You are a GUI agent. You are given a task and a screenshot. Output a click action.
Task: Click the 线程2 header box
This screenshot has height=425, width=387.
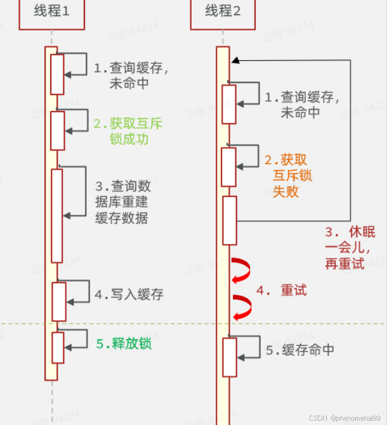[222, 13]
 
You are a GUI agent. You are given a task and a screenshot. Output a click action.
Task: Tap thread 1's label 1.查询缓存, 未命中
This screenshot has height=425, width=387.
[132, 75]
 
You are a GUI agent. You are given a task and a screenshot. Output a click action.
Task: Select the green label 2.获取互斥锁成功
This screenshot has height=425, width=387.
[128, 131]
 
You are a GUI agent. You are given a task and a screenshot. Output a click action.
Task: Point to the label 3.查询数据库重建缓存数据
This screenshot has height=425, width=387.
[122, 202]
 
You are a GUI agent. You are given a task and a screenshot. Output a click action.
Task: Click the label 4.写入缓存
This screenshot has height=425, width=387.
[129, 294]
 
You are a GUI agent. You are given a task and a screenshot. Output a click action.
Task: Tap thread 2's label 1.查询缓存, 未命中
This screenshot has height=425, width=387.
[302, 105]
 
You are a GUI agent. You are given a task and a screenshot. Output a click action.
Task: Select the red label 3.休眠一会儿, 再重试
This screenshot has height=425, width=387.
[350, 248]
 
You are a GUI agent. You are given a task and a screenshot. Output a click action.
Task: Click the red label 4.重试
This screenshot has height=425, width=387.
[282, 290]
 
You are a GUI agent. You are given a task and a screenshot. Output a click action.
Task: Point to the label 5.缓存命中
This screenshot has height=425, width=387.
[299, 350]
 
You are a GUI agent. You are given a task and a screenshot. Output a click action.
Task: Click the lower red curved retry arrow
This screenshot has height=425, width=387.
[242, 307]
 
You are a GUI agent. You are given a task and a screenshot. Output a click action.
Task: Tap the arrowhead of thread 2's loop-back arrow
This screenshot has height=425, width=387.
[235, 60]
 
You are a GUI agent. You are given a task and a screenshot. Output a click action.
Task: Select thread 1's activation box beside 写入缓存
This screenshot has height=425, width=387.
[58, 301]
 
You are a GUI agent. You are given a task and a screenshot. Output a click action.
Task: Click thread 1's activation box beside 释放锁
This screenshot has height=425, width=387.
[58, 347]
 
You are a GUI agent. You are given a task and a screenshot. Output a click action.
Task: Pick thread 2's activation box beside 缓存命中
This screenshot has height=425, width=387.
[229, 357]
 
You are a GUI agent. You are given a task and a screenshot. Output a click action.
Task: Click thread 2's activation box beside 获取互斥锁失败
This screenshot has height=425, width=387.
[229, 167]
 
